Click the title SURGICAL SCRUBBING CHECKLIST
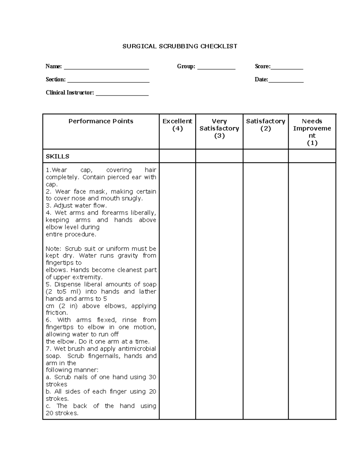pyautogui.click(x=180, y=46)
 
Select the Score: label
pyautogui.click(x=262, y=66)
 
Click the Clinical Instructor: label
pyautogui.click(x=70, y=92)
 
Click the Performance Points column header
pyautogui.click(x=101, y=121)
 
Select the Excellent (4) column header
pyautogui.click(x=177, y=125)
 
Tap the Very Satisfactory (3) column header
pyautogui.click(x=219, y=128)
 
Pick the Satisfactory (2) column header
pyautogui.click(x=265, y=125)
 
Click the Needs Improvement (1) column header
pyautogui.click(x=312, y=132)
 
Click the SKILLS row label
pyautogui.click(x=58, y=156)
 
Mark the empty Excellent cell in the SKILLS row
pyautogui.click(x=177, y=156)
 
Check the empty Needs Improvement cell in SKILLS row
pyautogui.click(x=312, y=156)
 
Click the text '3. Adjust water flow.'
pyautogui.click(x=76, y=206)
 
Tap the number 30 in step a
pyautogui.click(x=152, y=377)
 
